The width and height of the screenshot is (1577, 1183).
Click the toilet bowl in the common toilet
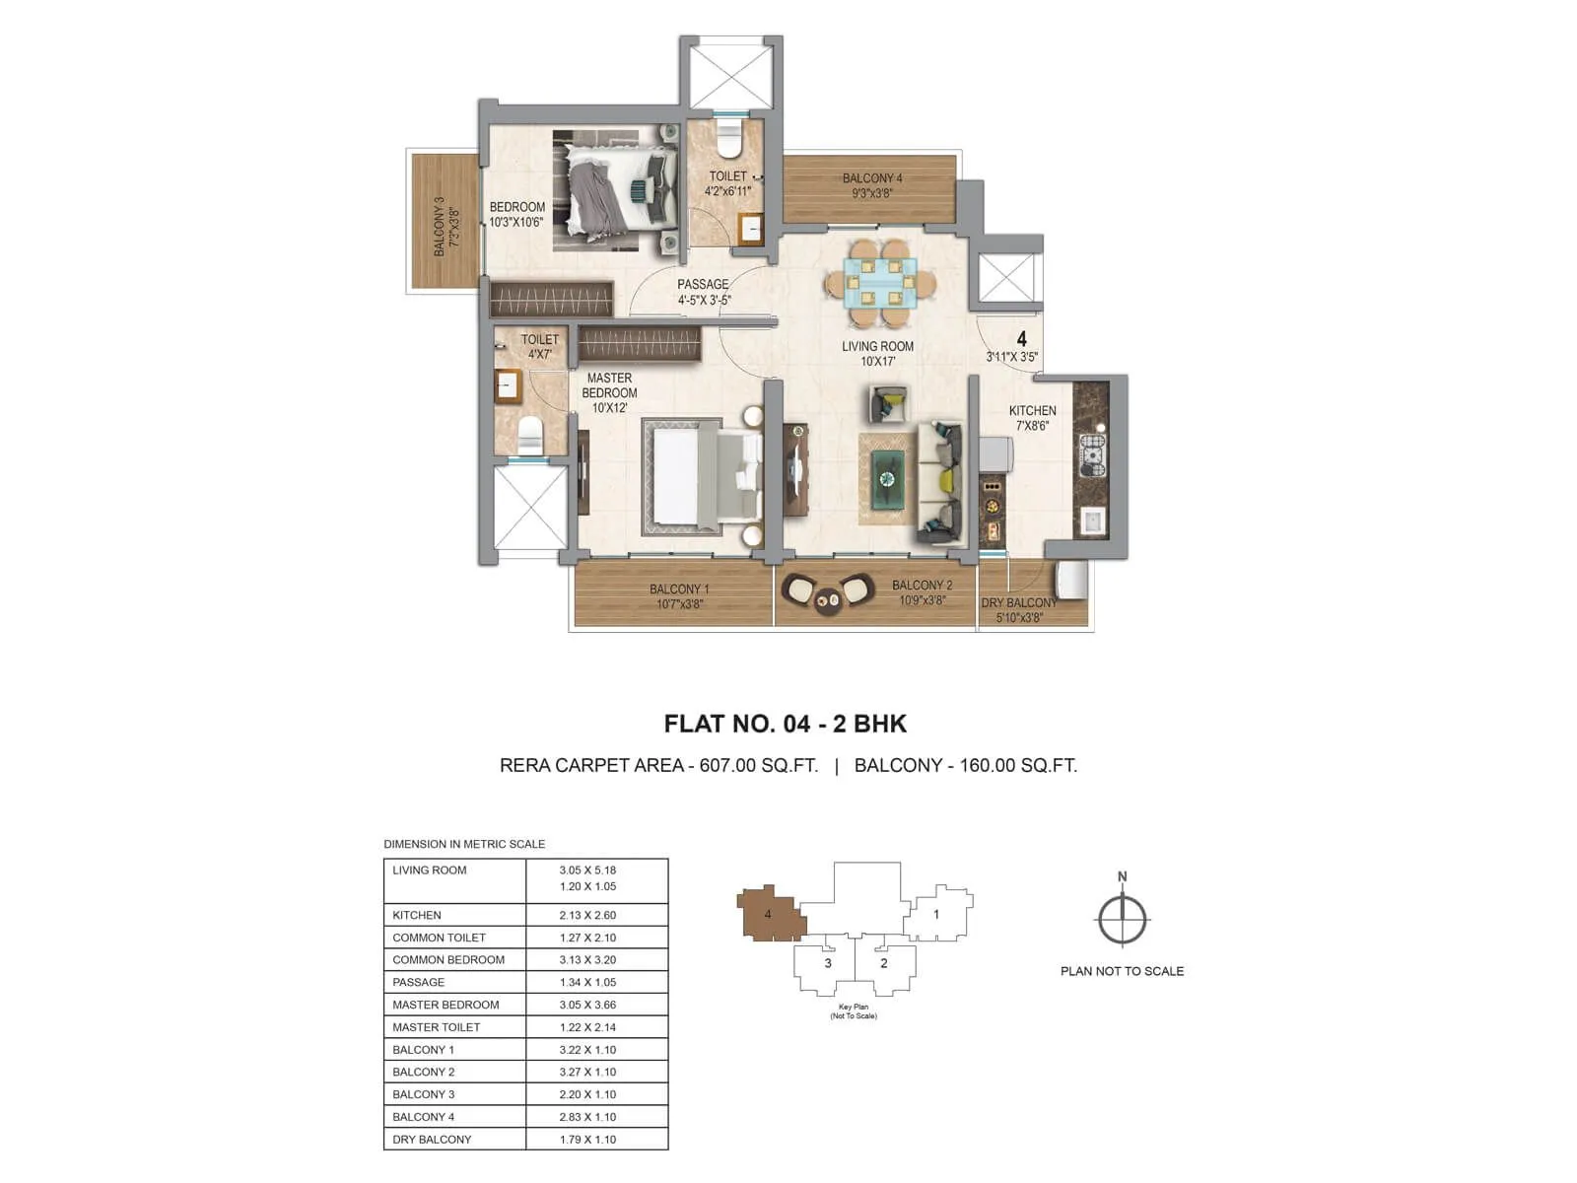(x=728, y=144)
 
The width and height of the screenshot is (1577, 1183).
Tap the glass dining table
(x=881, y=283)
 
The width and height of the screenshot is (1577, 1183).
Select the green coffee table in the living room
(x=887, y=479)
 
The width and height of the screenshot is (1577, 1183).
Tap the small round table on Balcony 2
(x=828, y=597)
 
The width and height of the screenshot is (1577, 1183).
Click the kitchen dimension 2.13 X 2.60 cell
(x=587, y=915)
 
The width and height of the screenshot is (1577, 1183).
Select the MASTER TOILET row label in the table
(x=437, y=1027)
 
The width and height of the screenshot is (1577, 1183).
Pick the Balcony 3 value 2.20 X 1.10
(x=587, y=1094)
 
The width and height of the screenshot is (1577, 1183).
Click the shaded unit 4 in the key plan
(x=769, y=913)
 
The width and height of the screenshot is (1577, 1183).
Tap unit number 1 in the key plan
(x=936, y=914)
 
